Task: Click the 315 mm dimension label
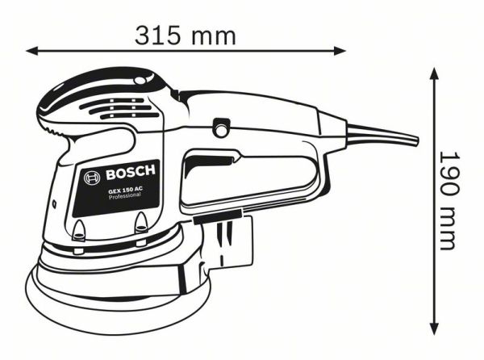(x=186, y=36)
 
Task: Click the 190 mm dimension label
(x=449, y=200)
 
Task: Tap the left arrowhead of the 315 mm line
(x=31, y=51)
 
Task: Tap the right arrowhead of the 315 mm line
(x=340, y=51)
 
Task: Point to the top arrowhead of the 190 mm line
(x=434, y=73)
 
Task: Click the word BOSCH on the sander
(x=130, y=172)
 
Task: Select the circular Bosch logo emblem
(x=92, y=178)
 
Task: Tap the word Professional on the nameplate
(x=125, y=196)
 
